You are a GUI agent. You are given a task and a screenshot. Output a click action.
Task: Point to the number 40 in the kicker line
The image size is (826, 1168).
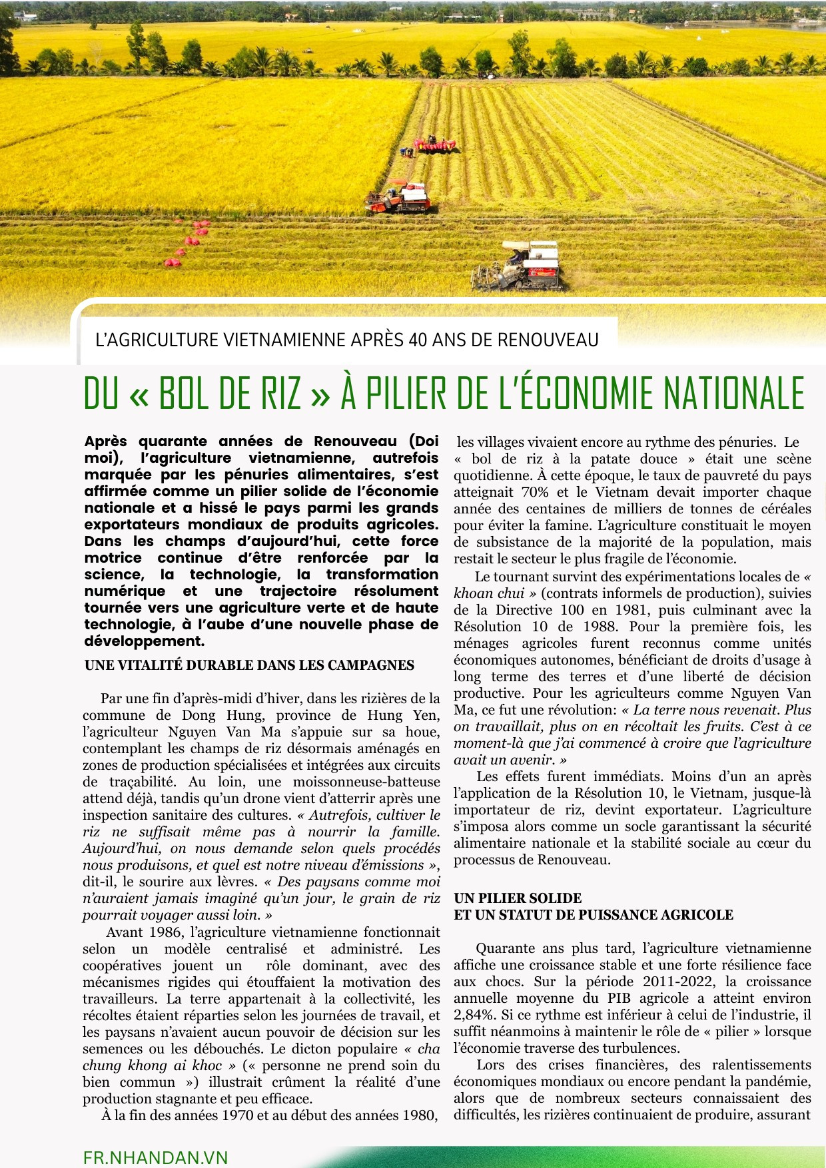click(418, 340)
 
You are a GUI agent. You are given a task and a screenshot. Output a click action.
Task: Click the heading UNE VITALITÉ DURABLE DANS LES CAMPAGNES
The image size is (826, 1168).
click(249, 665)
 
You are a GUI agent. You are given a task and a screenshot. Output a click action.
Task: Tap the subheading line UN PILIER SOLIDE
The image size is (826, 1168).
click(518, 898)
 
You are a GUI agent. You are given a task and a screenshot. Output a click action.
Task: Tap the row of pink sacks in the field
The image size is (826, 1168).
click(187, 244)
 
